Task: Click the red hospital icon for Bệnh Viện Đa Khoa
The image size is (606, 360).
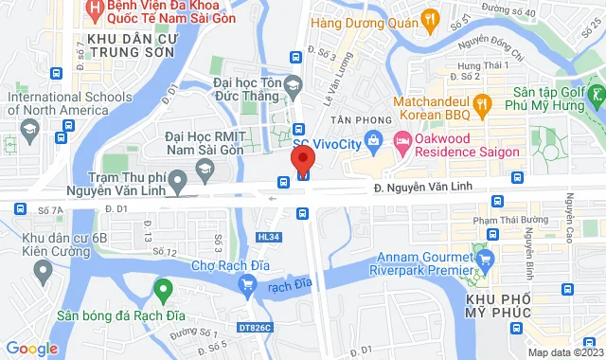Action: tap(94, 9)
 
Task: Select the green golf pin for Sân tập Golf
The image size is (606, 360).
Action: tap(594, 96)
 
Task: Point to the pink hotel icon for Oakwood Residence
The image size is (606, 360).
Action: tap(402, 145)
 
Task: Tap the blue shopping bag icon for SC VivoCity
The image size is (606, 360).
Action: tap(374, 144)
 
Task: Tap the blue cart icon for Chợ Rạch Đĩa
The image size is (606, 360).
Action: tap(247, 281)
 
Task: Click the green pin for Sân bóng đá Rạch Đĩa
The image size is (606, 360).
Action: tap(163, 289)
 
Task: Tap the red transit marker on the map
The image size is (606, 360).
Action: tap(304, 172)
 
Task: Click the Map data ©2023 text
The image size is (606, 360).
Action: tap(564, 352)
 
